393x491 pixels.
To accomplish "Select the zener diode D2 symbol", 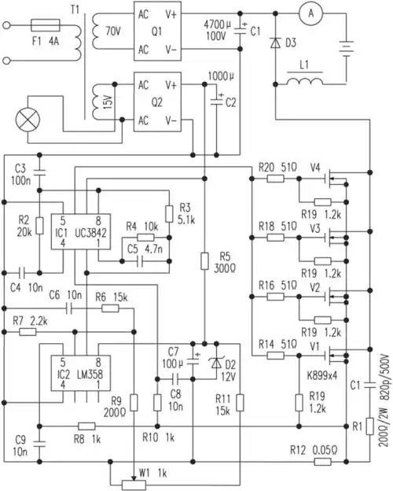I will [216, 363].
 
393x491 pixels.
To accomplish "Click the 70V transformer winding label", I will [101, 32].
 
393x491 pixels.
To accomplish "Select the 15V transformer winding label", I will [103, 102].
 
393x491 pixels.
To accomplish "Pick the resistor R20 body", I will [275, 179].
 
